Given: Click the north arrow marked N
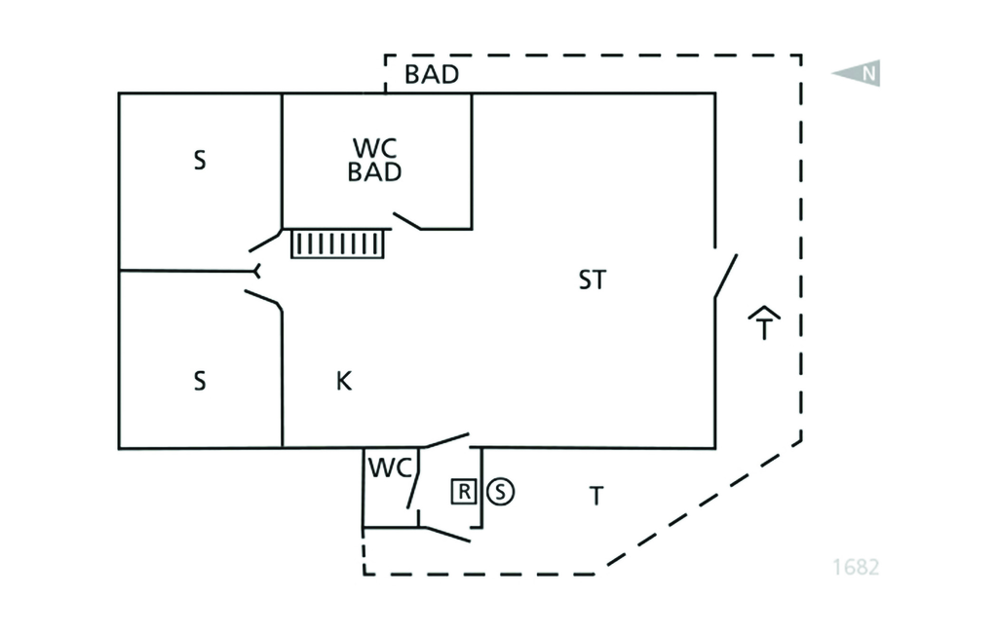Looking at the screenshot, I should (858, 73).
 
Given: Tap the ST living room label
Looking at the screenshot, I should (592, 280).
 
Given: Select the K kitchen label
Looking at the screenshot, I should (343, 381).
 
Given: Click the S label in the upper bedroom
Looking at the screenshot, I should (200, 161).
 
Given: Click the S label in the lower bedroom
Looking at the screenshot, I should (200, 381).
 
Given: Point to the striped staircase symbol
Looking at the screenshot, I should (338, 243).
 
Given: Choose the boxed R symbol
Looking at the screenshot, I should (464, 492).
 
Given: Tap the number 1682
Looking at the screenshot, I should (855, 566).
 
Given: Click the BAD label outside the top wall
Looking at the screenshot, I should (432, 75).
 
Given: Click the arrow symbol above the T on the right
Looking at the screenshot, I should (766, 314).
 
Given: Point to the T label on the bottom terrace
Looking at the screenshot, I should (595, 497).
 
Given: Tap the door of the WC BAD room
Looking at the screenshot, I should (406, 221).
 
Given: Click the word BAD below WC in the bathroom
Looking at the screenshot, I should (375, 173).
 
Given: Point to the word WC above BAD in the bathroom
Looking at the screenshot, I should (375, 148).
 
